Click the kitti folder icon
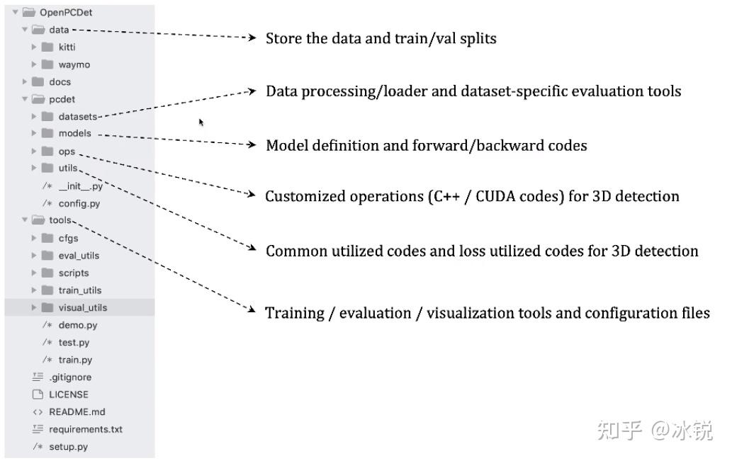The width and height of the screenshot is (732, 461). [x=47, y=47]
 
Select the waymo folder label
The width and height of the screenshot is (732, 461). [x=74, y=65]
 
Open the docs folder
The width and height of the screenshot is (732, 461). [x=60, y=82]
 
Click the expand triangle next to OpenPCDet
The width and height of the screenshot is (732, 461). [x=16, y=12]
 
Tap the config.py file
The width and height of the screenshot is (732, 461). [x=79, y=203]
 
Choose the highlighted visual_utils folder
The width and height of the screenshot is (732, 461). [x=83, y=307]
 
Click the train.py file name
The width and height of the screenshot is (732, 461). [x=75, y=360]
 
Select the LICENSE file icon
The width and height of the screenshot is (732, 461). [x=38, y=394]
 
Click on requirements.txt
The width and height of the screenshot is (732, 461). [x=86, y=429]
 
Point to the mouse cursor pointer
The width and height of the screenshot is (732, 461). [x=201, y=123]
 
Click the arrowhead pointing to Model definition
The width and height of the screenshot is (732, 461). [x=252, y=144]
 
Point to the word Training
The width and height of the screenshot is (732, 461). [x=295, y=313]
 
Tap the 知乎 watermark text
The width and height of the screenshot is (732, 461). [x=619, y=430]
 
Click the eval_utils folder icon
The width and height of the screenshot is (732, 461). [x=47, y=255]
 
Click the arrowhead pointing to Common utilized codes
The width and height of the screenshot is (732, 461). [x=252, y=248]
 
